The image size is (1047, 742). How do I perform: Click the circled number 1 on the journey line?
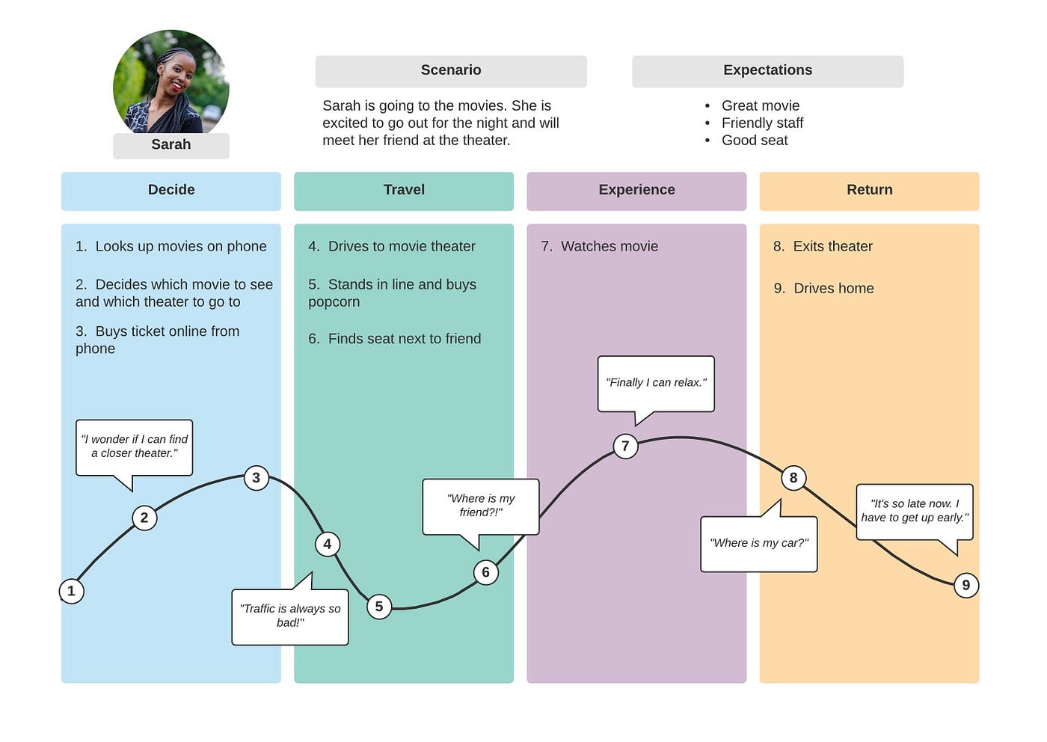coord(72,591)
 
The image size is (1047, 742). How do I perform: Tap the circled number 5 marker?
coord(379,606)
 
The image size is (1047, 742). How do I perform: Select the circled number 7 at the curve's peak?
coord(625,446)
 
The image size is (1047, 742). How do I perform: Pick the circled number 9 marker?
coord(965,585)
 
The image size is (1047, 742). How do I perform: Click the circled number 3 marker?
coord(257,477)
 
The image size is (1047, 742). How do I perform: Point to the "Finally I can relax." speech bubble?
coord(656,383)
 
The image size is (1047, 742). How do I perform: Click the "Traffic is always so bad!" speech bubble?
coord(290,616)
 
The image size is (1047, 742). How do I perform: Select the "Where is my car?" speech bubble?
coord(758,544)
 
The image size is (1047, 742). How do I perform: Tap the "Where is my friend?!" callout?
coord(481,506)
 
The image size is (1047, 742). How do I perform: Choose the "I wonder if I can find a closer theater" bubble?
coord(135,447)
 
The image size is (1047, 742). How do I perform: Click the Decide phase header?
coord(171,191)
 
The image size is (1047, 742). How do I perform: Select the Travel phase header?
coord(404,191)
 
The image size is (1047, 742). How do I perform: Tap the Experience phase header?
coord(636,191)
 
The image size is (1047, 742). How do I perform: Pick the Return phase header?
coord(869,191)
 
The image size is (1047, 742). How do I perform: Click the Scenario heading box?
coord(451,71)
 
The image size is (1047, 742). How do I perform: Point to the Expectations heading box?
coord(767,71)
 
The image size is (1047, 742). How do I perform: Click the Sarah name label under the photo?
coord(171,145)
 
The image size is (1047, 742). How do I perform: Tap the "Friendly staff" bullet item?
coord(762,123)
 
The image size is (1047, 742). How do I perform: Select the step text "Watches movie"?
coord(609,247)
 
